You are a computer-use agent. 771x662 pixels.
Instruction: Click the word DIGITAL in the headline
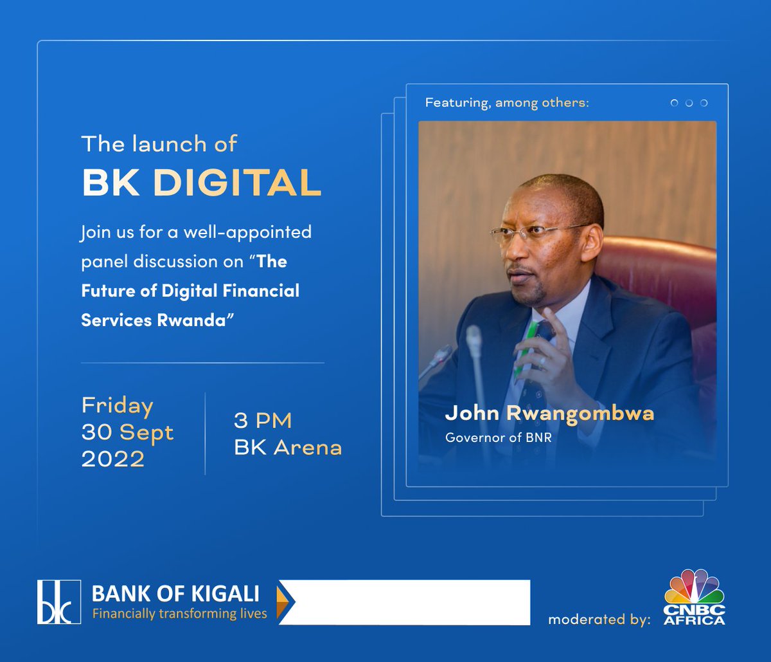click(237, 183)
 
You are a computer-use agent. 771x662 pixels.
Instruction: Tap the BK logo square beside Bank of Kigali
click(59, 602)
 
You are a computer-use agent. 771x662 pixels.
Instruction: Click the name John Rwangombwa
click(549, 413)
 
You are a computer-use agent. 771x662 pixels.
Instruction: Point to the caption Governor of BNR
click(498, 437)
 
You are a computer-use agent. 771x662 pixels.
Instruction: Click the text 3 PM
click(263, 421)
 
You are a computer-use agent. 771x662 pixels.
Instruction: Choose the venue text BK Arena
click(288, 448)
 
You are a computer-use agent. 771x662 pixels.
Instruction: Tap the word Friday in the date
click(118, 406)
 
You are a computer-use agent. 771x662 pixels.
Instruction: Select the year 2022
click(113, 459)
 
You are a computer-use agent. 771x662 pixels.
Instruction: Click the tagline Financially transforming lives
click(179, 614)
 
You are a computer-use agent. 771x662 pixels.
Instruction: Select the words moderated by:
click(599, 620)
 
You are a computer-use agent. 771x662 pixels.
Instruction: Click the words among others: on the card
click(542, 103)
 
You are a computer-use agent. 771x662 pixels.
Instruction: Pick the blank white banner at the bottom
click(411, 602)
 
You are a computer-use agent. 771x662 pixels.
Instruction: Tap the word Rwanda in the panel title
click(192, 320)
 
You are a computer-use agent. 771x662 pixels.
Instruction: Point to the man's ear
click(590, 239)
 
